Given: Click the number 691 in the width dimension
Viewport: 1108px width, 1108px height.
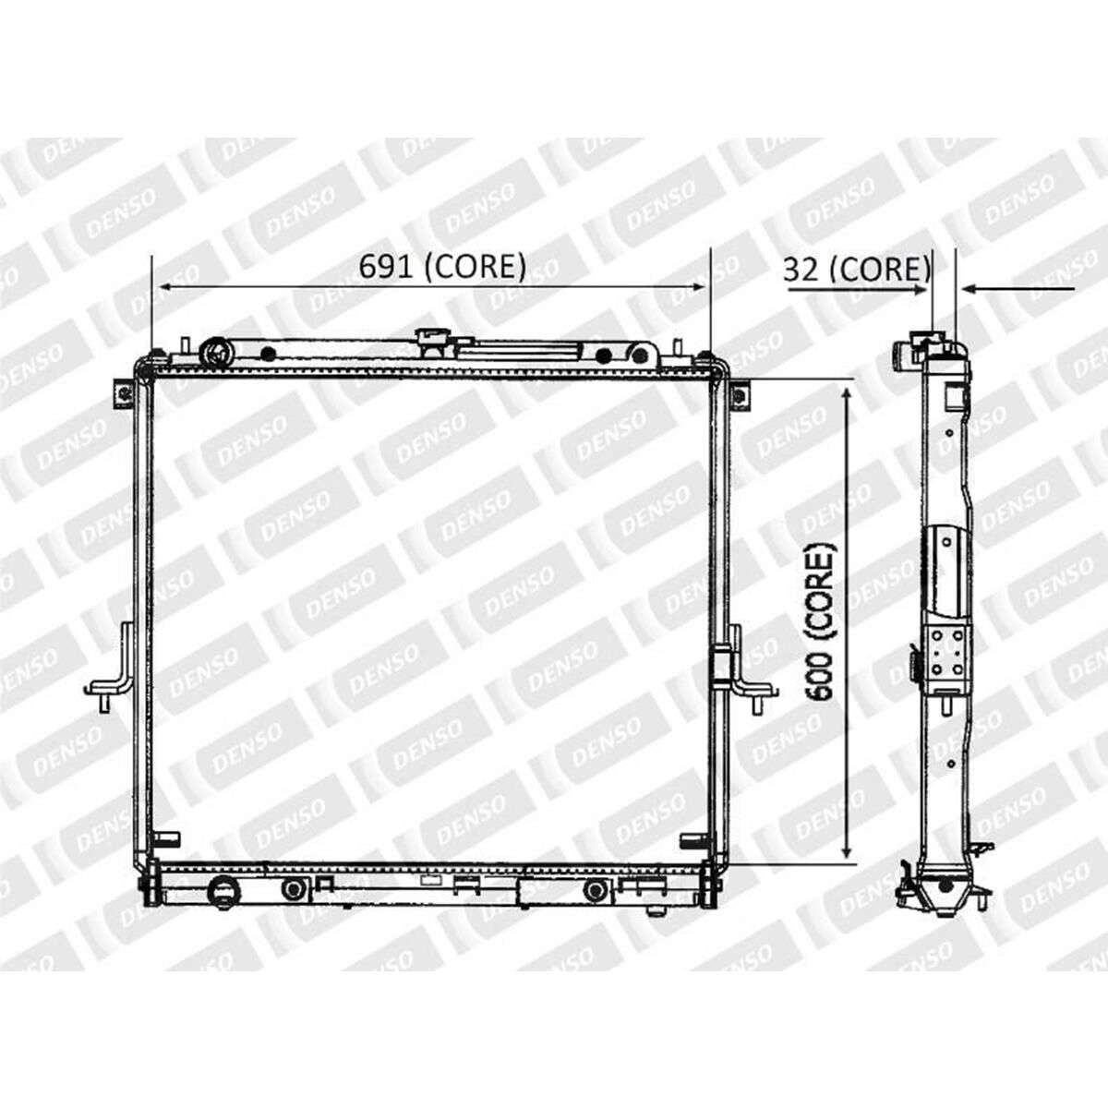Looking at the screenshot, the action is [386, 267].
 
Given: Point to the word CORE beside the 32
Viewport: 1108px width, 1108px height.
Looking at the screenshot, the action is [879, 270].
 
